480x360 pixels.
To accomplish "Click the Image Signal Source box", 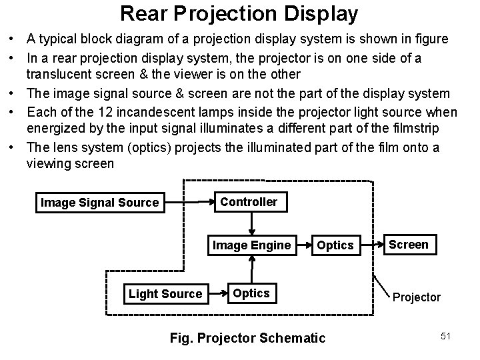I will point(100,202).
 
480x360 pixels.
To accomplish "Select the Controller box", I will point(249,202).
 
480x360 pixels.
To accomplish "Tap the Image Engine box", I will point(251,245).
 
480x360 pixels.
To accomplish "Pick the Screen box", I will point(409,245).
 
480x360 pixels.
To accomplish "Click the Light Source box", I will point(165,294).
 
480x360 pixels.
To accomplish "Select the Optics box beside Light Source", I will point(251,293).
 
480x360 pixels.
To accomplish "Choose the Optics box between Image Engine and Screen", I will point(335,245).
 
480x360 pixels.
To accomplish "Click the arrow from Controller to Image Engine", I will point(251,223).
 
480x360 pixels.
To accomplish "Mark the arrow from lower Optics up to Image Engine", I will point(251,269).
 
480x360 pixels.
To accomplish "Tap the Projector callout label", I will point(417,297).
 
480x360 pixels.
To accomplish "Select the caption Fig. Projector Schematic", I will point(248,338).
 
